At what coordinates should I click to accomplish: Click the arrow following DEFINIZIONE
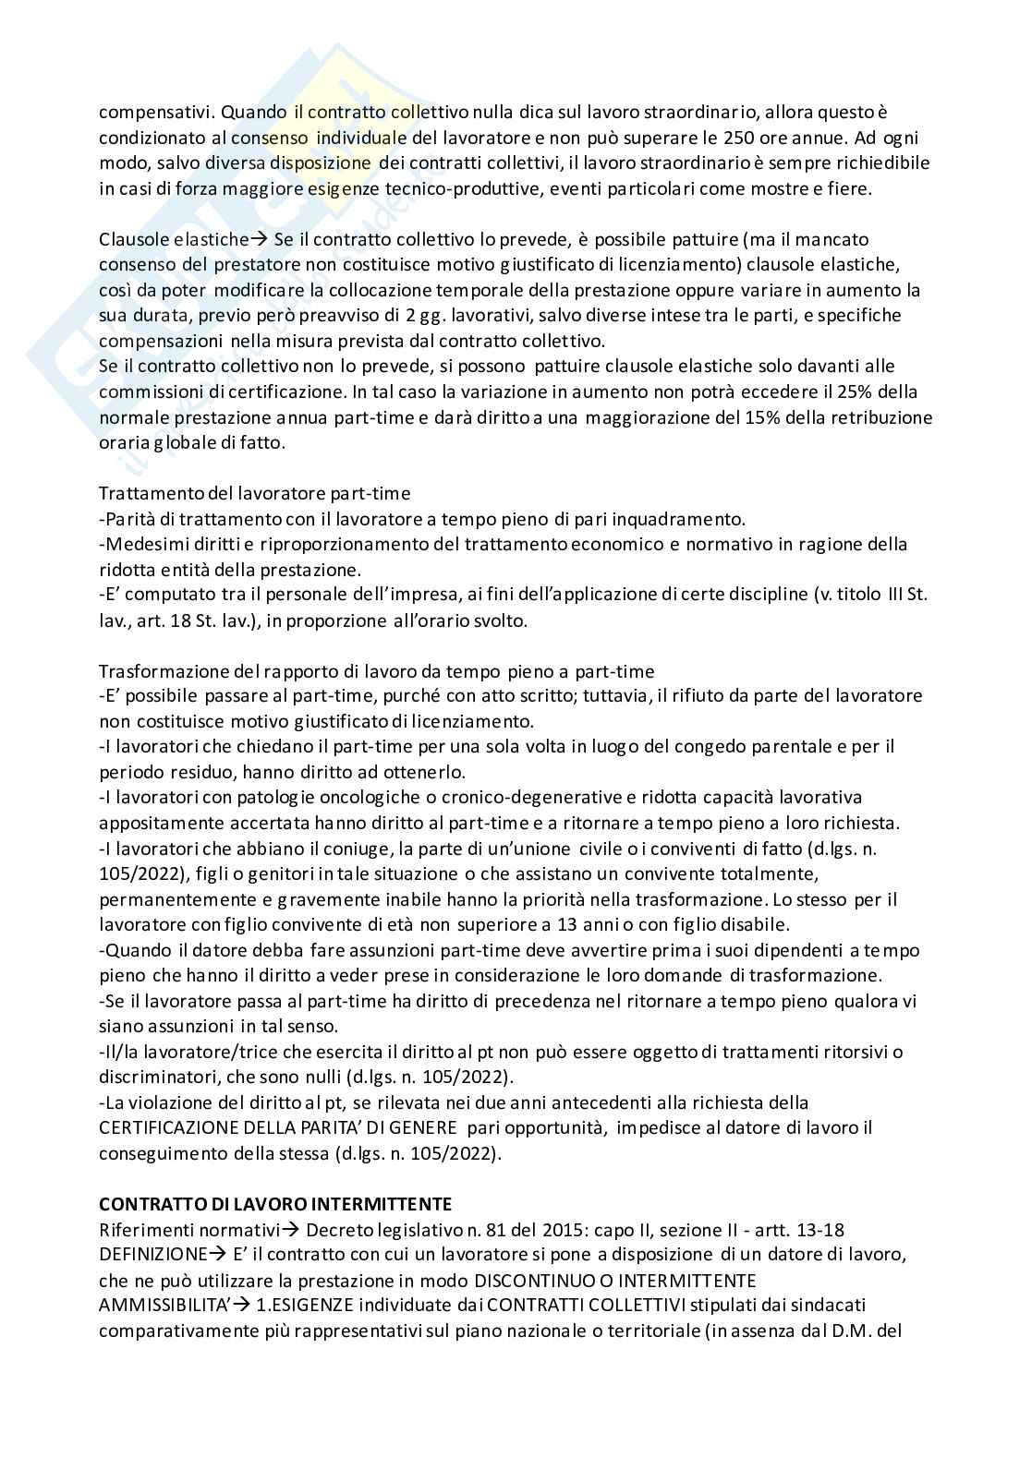point(217,1255)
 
